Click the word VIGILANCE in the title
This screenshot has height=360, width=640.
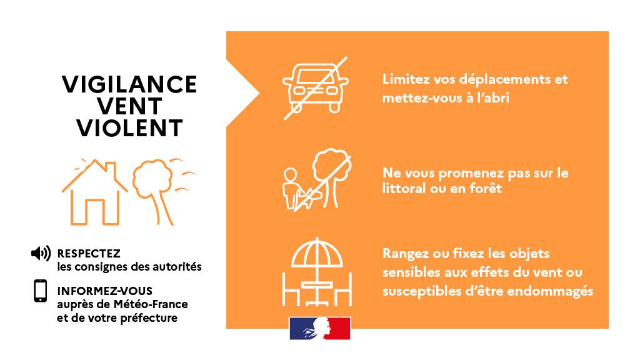coord(129,84)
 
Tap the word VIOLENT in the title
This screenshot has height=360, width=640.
coord(129,128)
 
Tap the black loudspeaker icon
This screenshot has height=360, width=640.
coord(41,254)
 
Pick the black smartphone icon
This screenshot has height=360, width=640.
coord(41,291)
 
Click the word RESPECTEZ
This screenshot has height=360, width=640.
coord(88,254)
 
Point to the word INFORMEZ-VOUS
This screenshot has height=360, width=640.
coord(104,291)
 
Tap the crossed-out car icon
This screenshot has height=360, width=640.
coord(315,88)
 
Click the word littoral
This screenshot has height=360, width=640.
coord(406,188)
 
